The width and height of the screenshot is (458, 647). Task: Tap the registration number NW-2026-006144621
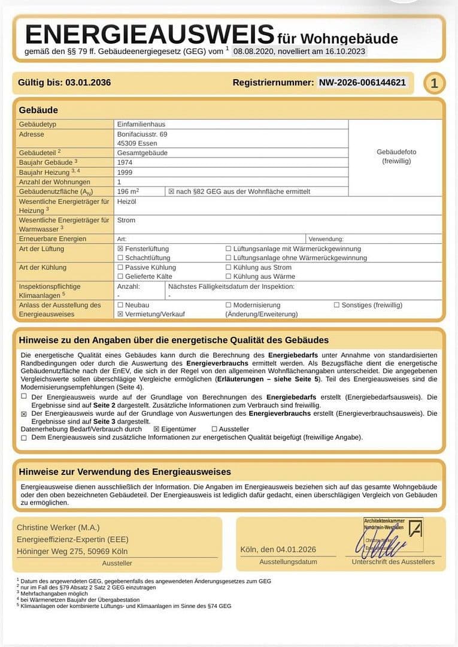coord(362,83)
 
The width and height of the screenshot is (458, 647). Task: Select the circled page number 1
coord(434,83)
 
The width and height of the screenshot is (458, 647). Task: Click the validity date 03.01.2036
coord(88,83)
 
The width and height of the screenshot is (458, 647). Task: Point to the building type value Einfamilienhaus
coord(142,124)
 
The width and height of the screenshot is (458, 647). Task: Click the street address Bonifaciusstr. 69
coord(142,134)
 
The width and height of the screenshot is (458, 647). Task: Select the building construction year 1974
coord(125,162)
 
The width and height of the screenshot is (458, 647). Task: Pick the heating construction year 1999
coord(125,172)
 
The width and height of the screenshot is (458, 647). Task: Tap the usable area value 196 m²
coord(128,191)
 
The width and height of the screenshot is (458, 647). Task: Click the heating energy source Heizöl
coord(126,201)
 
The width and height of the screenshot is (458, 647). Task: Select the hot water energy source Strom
coord(126,220)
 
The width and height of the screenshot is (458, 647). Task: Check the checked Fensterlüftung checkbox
coord(120,249)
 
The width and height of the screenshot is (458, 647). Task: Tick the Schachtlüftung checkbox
coord(120,258)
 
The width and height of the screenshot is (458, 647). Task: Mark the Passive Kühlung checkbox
coord(120,268)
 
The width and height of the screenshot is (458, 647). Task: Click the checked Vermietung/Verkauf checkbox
coord(120,314)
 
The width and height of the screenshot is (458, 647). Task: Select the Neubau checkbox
coord(120,305)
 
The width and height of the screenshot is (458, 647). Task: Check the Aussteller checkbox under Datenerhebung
coord(214,429)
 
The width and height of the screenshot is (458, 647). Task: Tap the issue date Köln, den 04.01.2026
coord(278,549)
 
